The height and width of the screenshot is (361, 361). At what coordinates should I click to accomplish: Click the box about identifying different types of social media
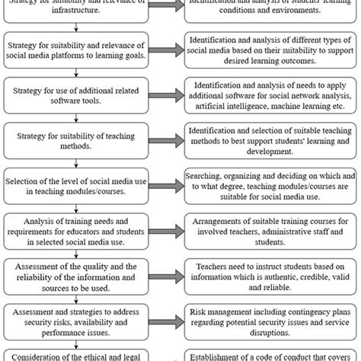coord(272,53)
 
